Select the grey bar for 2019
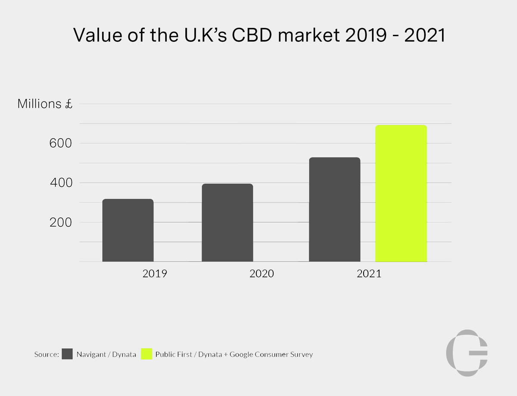click(128, 230)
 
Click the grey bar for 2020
click(227, 223)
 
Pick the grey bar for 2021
click(335, 210)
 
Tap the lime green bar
click(401, 194)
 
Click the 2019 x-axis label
click(155, 274)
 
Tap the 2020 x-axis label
click(262, 274)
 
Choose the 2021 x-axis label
click(369, 274)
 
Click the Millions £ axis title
click(44, 104)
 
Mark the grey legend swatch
click(67, 354)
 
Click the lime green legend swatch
click(147, 354)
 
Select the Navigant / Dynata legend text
click(106, 355)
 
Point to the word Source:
click(46, 355)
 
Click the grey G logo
click(467, 353)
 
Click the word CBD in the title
click(253, 35)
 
